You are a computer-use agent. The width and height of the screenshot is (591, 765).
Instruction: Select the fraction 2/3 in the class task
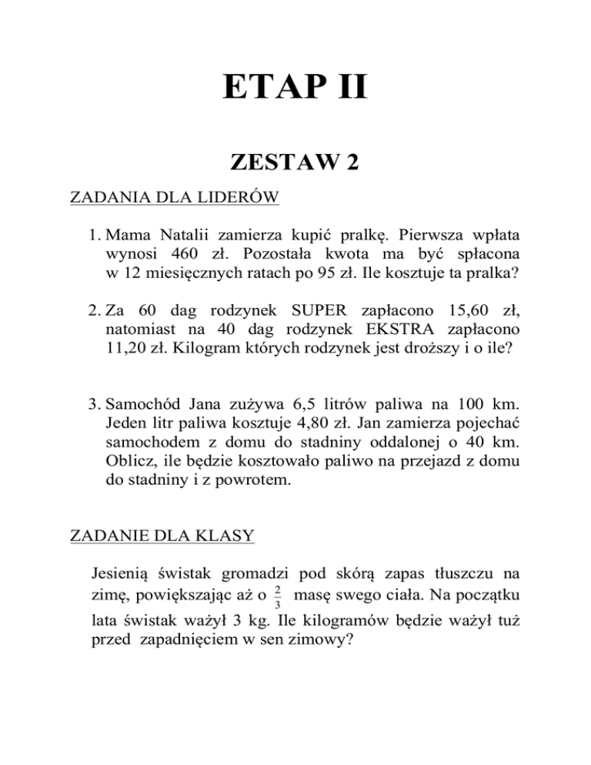point(278,596)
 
